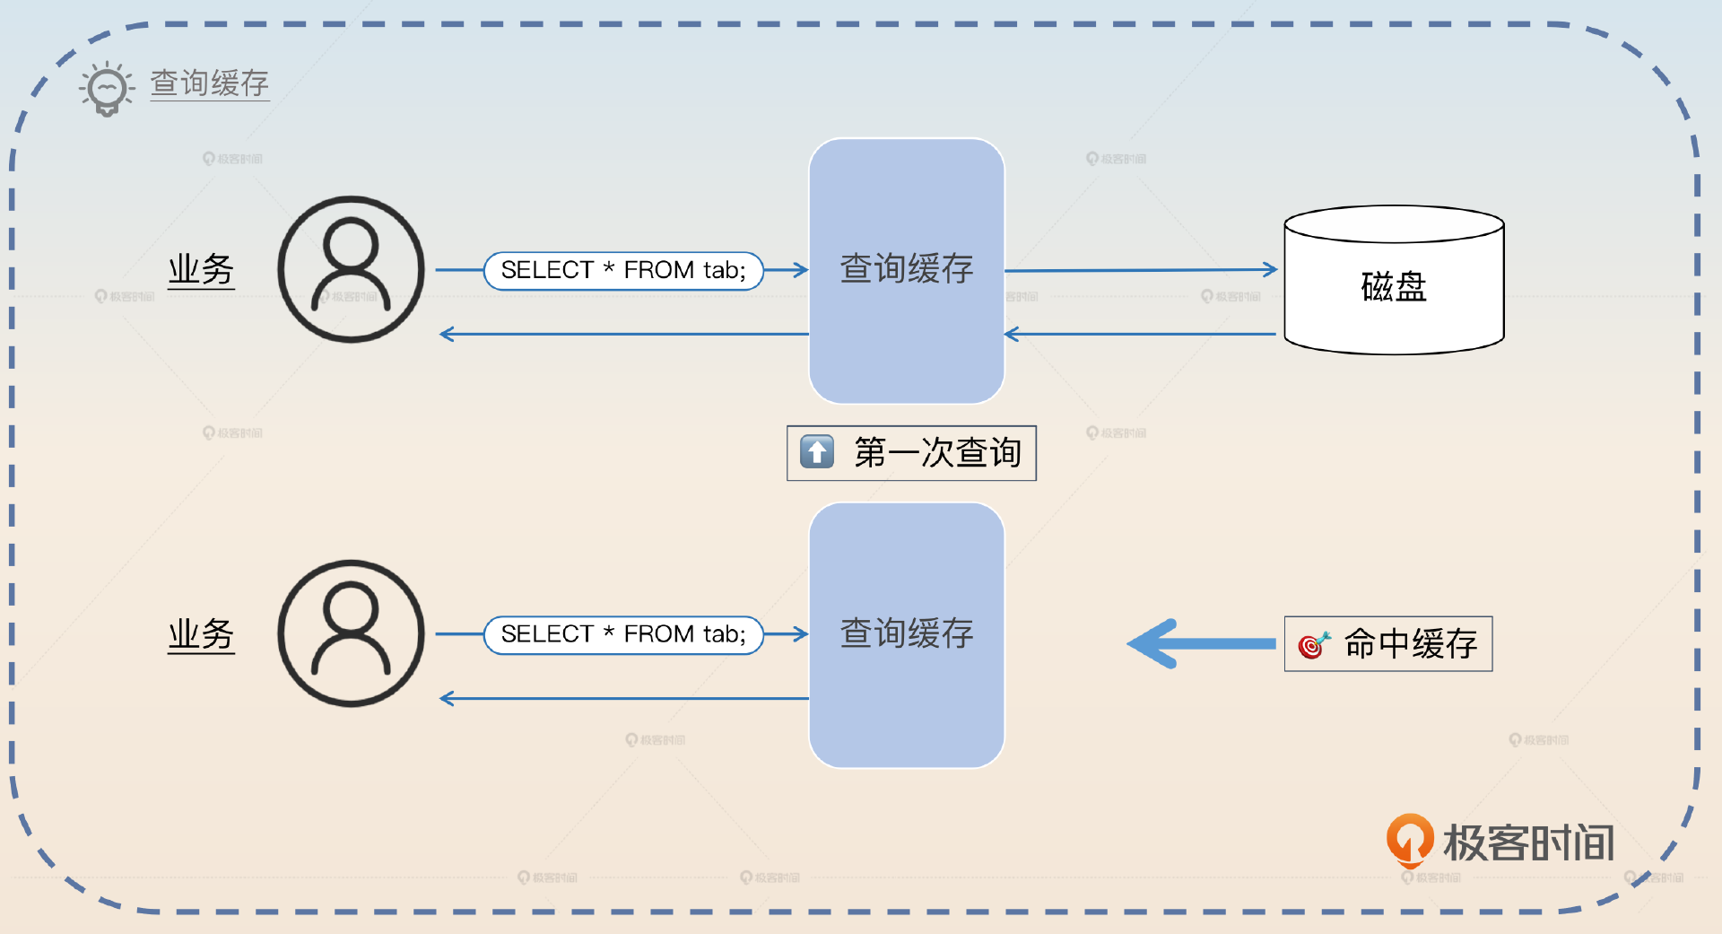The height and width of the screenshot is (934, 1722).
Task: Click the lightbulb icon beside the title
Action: click(107, 88)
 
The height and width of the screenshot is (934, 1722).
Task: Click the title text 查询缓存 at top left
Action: click(209, 83)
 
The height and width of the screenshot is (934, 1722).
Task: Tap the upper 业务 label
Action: click(201, 269)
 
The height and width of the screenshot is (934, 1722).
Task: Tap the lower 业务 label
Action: click(201, 634)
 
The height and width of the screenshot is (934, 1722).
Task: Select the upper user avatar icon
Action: click(351, 269)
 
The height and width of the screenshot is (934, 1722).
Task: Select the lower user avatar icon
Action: click(351, 633)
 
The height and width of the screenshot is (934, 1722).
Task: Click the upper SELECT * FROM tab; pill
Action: click(623, 270)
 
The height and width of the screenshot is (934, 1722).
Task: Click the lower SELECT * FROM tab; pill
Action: click(623, 634)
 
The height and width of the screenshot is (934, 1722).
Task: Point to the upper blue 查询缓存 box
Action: click(906, 269)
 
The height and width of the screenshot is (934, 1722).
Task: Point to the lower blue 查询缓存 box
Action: click(906, 634)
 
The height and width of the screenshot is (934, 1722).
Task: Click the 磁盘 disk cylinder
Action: click(1394, 282)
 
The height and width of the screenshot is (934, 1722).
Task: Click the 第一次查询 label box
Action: click(911, 453)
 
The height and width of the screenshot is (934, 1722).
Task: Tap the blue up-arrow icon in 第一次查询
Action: click(817, 451)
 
